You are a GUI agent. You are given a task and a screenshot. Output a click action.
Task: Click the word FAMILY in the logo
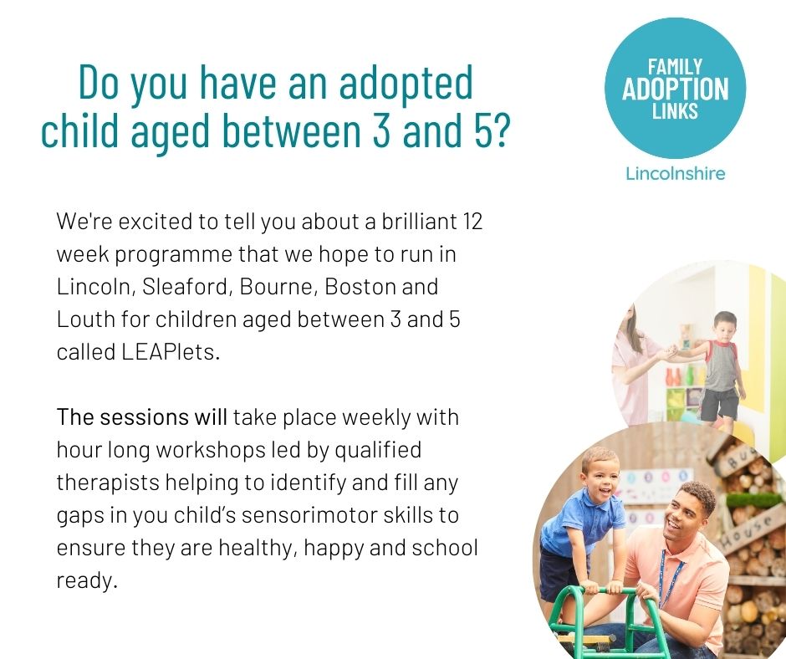[x=675, y=67]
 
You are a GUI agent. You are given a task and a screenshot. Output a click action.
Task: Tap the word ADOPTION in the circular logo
[x=676, y=89]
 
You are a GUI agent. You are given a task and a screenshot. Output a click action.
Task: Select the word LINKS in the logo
[x=675, y=111]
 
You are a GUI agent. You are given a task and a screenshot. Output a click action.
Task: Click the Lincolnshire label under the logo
[x=676, y=173]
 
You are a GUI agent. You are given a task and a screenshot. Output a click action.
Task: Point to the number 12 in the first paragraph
[x=472, y=221]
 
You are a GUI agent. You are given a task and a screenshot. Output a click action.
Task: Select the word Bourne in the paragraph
[x=278, y=287]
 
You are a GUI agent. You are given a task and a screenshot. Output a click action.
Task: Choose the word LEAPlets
[x=171, y=352]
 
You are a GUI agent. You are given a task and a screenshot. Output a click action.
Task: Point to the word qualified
[x=378, y=450]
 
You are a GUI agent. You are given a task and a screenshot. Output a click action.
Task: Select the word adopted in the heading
[x=406, y=83]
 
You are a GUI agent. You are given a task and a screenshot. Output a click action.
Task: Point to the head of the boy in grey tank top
[x=724, y=326]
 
